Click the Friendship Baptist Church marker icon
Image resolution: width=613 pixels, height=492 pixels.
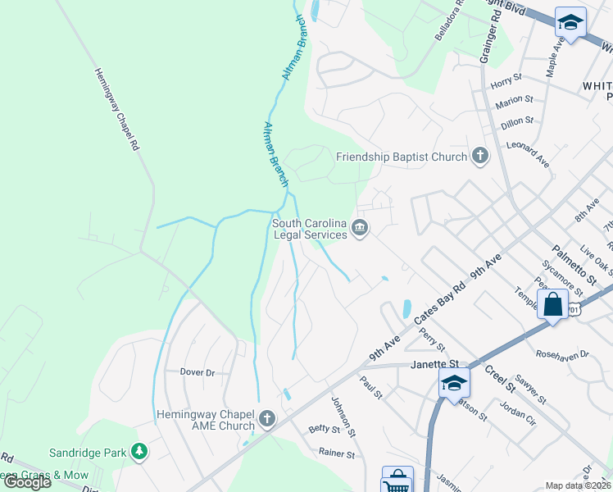(480, 156)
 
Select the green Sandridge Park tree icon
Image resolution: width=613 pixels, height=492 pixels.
(140, 451)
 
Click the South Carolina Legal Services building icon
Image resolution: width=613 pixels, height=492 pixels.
(359, 227)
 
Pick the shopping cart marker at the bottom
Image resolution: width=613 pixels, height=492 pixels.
(397, 481)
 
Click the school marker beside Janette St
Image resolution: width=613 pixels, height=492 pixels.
(454, 383)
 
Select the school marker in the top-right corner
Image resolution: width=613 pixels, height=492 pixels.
(570, 22)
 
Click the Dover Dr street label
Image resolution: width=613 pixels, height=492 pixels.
(197, 372)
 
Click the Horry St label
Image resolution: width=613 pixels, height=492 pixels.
(506, 80)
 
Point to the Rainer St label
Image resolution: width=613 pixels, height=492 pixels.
(337, 453)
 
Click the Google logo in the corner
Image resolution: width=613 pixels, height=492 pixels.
(26, 482)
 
